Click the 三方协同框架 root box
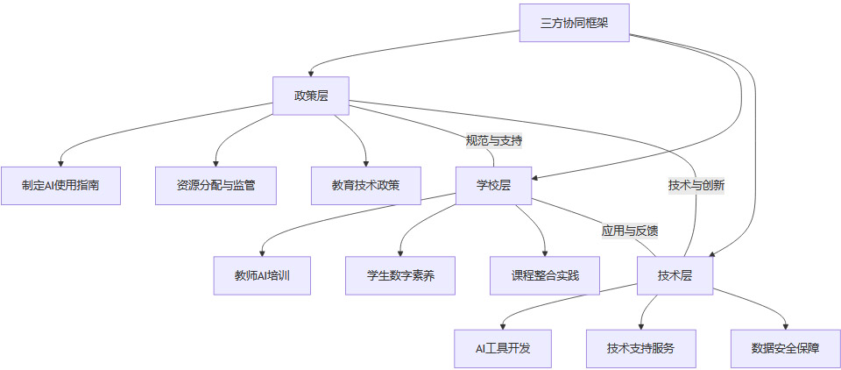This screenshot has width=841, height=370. pos(574,23)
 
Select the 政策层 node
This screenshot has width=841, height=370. pos(310,96)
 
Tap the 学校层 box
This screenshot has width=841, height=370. pos(493,185)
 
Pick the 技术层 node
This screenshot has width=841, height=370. pos(675,275)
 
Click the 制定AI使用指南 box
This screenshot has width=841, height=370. pos(60,185)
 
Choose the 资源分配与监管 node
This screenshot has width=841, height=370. pos(216,185)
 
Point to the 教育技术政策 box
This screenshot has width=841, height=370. pos(365,185)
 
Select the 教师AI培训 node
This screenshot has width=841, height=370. pos(261,275)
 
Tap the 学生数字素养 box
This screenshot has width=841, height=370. pos(400,275)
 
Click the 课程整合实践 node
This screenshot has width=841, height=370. pos(544,275)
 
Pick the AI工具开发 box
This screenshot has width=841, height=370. pos(503,348)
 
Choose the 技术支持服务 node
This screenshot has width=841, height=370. pos(640,348)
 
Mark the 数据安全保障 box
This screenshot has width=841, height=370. pos(785,348)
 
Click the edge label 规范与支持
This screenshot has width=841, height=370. pos(494,140)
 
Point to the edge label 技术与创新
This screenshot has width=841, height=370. pos(696,185)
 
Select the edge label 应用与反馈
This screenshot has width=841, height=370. pos(629,231)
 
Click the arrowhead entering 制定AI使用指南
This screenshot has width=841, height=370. pos(60,162)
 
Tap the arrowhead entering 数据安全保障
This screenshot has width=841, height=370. pos(785,325)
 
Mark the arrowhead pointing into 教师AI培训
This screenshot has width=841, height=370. pos(261,253)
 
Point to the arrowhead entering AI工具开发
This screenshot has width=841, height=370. pos(503,325)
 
